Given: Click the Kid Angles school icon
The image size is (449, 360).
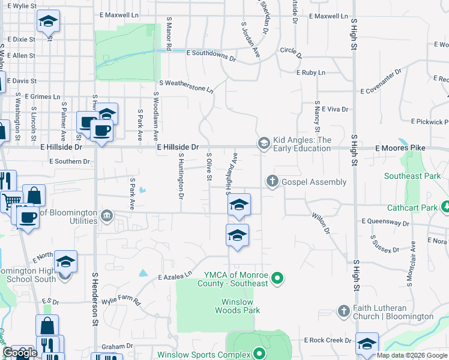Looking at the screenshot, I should [x=263, y=143].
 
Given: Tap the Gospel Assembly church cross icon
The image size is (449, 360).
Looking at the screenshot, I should [x=272, y=181].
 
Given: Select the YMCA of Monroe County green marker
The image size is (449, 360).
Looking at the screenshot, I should [x=277, y=278].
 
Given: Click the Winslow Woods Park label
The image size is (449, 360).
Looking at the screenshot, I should [x=238, y=306].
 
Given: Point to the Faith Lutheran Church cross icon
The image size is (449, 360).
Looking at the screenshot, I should [x=343, y=311].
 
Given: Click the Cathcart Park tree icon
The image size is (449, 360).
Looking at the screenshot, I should [x=445, y=208].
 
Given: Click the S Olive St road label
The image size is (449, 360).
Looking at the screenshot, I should [x=209, y=167].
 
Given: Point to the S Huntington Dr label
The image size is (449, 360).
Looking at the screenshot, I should [x=180, y=175].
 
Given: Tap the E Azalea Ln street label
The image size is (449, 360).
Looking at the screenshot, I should [x=175, y=276].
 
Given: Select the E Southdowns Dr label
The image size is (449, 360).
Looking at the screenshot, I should [x=211, y=53].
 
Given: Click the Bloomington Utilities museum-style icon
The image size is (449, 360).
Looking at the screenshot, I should [x=107, y=215].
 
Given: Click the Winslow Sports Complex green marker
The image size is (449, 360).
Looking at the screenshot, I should [x=259, y=353].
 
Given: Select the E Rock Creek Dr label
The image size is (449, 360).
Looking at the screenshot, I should [x=327, y=341].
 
